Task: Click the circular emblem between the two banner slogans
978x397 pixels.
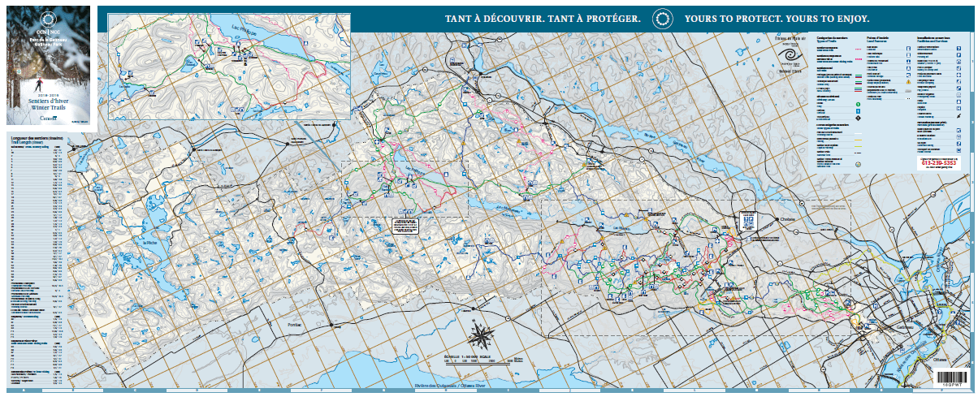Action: click(663, 18)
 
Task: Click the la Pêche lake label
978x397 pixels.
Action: click(149, 243)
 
